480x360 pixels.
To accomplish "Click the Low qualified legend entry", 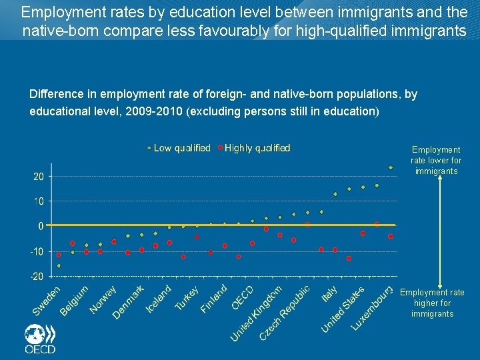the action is point(179,148).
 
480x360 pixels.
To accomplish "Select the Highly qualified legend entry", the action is point(254,148).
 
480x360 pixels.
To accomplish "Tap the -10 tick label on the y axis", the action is point(37,251).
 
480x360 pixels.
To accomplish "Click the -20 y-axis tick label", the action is point(37,276).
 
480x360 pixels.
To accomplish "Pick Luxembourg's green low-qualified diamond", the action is point(391,167).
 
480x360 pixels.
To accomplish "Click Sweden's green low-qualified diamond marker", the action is point(59,266).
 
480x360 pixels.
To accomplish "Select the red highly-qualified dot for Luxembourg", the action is point(391,236).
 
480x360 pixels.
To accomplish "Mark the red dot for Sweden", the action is point(59,255).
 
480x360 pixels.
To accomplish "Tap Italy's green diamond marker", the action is point(335,194).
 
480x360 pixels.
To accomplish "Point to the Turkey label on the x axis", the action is point(187,299).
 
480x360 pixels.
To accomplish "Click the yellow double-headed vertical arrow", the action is point(440,233).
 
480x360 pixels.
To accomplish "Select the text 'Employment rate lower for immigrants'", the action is point(436,161).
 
